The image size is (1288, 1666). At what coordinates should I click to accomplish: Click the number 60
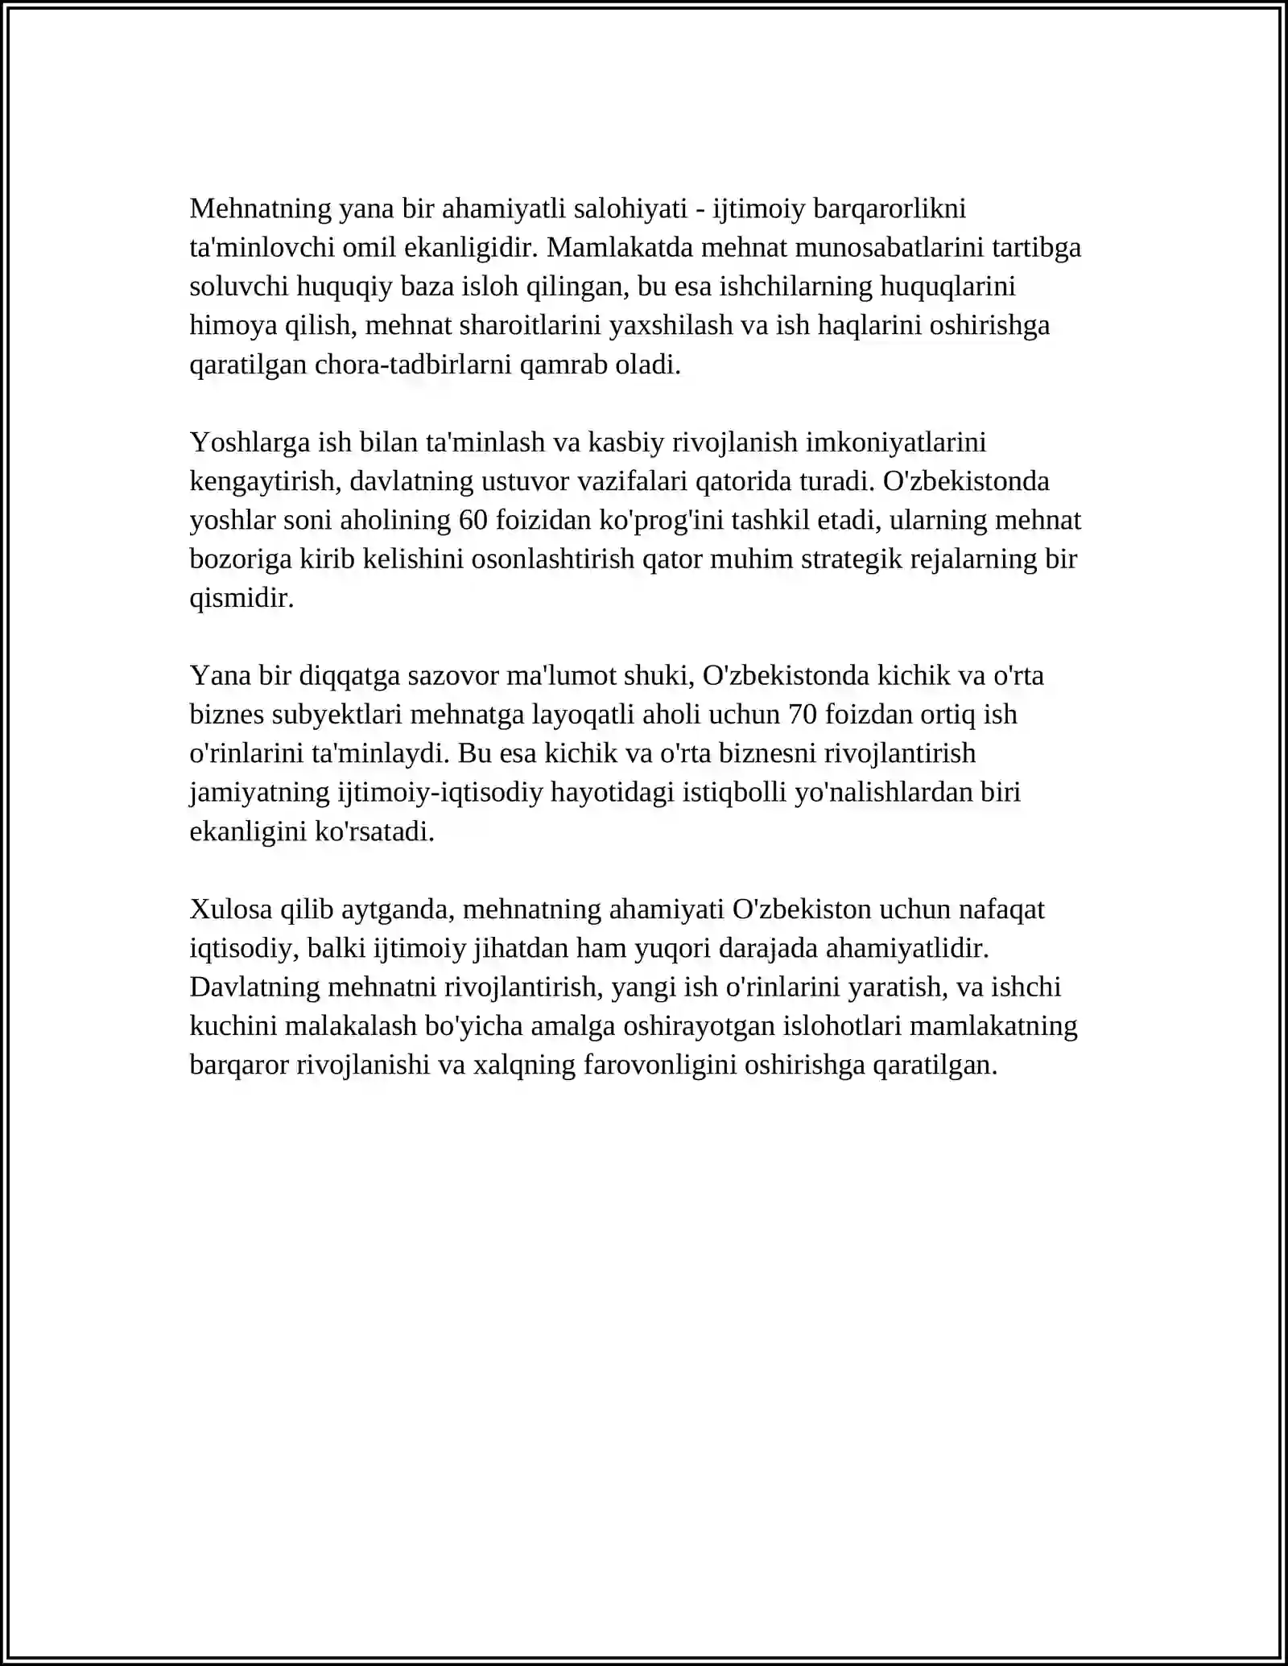473,520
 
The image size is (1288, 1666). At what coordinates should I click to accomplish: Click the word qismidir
242,598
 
